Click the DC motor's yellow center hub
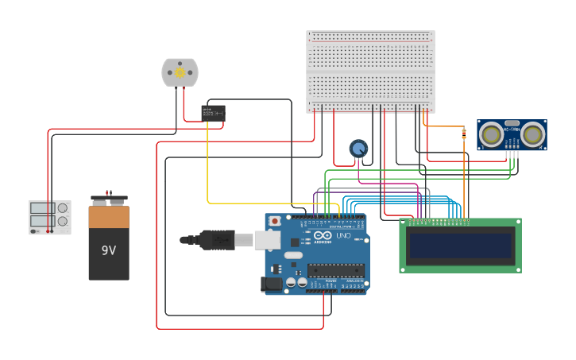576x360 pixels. click(x=180, y=72)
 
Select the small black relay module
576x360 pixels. click(x=213, y=113)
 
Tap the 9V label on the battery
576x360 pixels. click(x=109, y=250)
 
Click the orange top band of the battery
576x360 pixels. click(x=109, y=217)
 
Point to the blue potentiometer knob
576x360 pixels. click(x=359, y=149)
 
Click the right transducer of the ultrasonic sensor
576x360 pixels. click(x=532, y=134)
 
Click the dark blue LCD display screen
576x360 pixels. click(x=460, y=246)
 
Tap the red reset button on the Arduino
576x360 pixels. click(x=275, y=221)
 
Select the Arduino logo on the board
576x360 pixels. click(x=323, y=236)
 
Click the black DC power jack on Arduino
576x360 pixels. click(x=272, y=283)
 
